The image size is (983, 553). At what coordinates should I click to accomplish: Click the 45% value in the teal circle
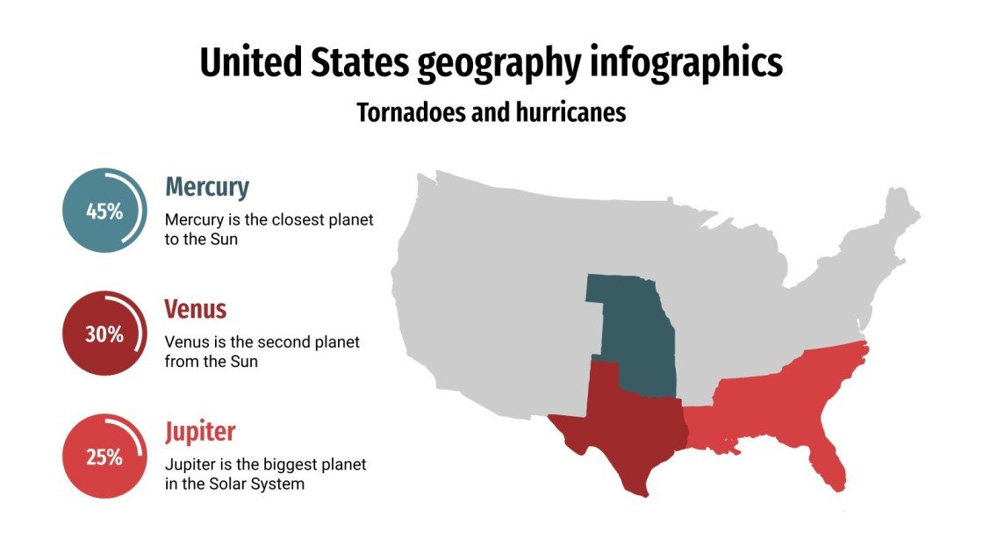[104, 212]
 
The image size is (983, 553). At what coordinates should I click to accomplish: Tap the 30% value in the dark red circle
[104, 334]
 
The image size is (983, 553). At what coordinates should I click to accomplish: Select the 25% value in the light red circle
[104, 457]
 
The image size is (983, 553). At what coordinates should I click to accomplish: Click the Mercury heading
[207, 187]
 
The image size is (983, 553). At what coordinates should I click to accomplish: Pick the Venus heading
[195, 310]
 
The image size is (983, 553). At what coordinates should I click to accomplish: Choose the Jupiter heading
[200, 433]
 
